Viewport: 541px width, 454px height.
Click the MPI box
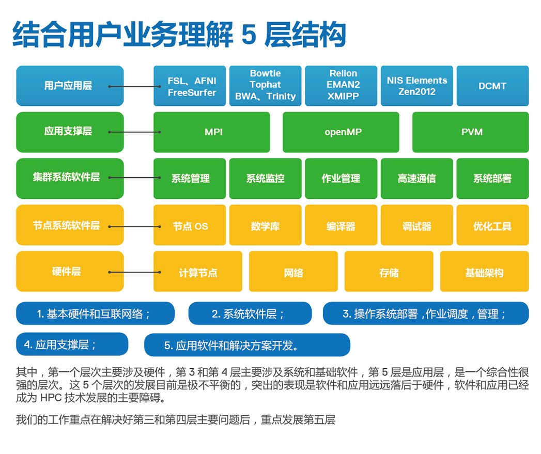211,132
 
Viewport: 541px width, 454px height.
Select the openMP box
341,132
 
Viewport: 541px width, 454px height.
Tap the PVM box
471,132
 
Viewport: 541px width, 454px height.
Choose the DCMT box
492,86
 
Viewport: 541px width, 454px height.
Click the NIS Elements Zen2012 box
417,86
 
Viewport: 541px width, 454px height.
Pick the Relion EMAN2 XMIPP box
341,86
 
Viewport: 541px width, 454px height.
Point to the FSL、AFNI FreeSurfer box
190,86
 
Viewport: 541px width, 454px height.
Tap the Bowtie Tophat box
265,86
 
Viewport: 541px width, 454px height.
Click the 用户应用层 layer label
70,86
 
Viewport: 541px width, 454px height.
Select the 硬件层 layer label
70,272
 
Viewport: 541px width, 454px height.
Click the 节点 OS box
190,225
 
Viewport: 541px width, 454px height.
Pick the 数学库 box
265,225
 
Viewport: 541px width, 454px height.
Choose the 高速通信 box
417,178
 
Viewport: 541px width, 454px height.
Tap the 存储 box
389,272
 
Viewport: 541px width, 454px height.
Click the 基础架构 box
484,272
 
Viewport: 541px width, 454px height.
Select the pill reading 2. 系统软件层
250,313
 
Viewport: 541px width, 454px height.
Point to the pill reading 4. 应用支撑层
72,344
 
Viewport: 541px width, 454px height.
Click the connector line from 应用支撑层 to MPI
134,132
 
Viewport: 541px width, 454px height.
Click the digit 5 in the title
249,34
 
